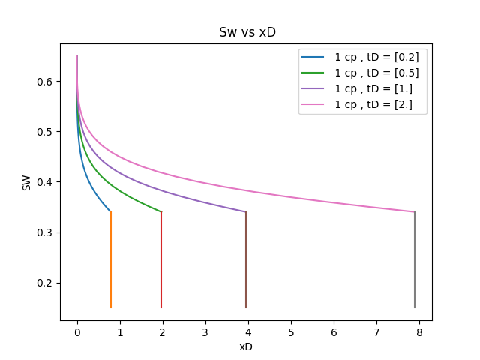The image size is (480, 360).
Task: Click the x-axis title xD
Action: [245, 347]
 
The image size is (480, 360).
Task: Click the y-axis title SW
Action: [27, 182]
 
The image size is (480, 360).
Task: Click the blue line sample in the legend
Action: [313, 58]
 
